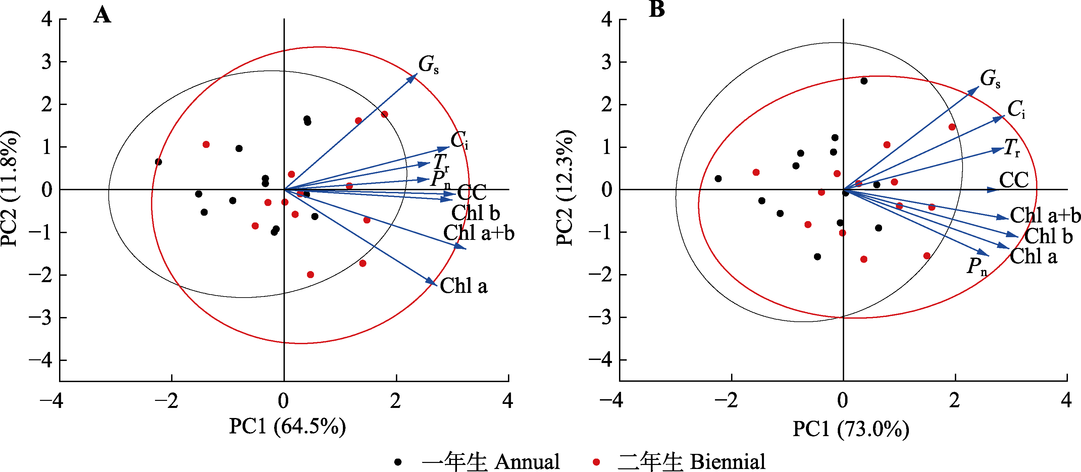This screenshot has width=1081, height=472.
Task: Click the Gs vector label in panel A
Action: pyautogui.click(x=428, y=65)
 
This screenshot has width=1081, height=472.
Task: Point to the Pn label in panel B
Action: pyautogui.click(x=977, y=266)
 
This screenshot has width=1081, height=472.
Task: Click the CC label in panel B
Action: pyautogui.click(x=1014, y=180)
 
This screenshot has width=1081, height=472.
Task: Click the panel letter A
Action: pyautogui.click(x=102, y=15)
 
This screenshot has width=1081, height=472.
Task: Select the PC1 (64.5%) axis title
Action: pyautogui.click(x=288, y=426)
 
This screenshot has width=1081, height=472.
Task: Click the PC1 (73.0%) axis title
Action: pyautogui.click(x=851, y=429)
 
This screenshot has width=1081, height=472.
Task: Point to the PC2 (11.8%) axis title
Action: pyautogui.click(x=9, y=189)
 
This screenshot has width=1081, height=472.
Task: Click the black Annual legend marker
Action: pyautogui.click(x=398, y=462)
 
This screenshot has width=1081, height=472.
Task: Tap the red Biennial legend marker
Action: pyautogui.click(x=596, y=462)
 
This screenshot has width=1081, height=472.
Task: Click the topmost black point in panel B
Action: pyautogui.click(x=864, y=81)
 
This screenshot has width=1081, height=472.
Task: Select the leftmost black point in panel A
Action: pyautogui.click(x=158, y=162)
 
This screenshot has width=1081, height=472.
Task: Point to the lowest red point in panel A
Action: pyautogui.click(x=311, y=275)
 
